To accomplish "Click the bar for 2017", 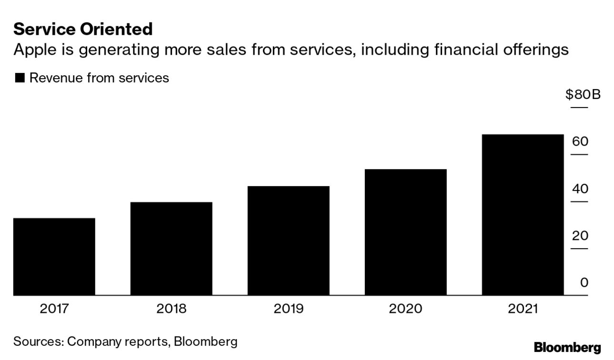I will tap(54, 257).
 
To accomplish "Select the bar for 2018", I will tap(171, 249).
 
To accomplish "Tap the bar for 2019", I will tap(288, 240).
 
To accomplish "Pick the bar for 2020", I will tap(405, 232).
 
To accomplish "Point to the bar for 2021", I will tap(523, 215).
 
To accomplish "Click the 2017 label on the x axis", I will tap(54, 309).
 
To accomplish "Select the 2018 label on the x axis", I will tap(171, 309).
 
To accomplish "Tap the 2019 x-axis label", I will tap(288, 309).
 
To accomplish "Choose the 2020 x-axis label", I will tap(405, 309).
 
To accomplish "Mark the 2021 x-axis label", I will tap(523, 309).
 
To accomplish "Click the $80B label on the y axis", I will tap(583, 95).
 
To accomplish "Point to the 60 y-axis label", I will tap(580, 141).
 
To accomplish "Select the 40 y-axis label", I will tap(580, 189).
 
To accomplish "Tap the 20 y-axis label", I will tap(580, 235).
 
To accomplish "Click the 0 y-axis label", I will tap(584, 282).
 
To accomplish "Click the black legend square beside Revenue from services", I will tap(20, 78).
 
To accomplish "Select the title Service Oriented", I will tap(83, 29).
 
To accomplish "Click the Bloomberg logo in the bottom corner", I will tap(567, 347).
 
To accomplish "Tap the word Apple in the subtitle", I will tap(36, 50).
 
